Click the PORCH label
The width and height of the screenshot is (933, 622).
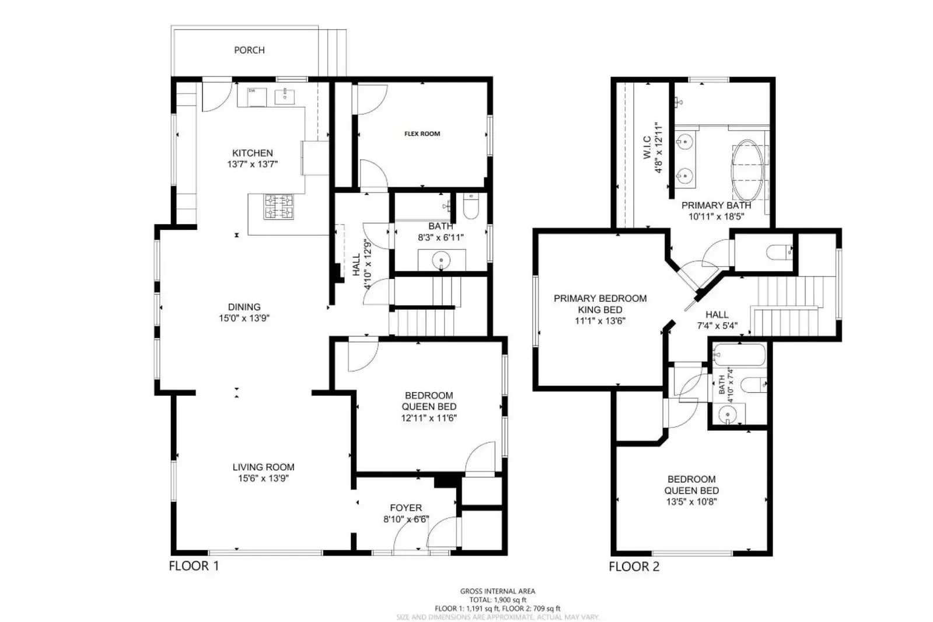[249, 50]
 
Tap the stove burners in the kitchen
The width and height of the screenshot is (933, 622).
[278, 206]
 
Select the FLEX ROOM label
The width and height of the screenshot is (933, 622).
[422, 134]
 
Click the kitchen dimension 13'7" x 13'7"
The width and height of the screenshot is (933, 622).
[252, 165]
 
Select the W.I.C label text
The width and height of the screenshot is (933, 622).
[647, 148]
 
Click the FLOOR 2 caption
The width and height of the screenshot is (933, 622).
[634, 566]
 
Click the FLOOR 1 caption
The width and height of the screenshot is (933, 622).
[194, 565]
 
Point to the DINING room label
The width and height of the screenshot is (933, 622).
[244, 307]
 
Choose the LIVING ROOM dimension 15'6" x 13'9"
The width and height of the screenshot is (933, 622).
[263, 478]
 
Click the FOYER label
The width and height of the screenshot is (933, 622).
[406, 508]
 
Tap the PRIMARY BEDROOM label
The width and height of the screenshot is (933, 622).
[600, 299]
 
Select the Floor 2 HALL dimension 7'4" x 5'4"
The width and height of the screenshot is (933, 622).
[717, 326]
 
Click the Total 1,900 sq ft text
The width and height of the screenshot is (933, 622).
[498, 600]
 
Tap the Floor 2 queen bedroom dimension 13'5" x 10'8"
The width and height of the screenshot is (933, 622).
[691, 502]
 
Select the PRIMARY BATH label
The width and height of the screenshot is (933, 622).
[716, 205]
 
